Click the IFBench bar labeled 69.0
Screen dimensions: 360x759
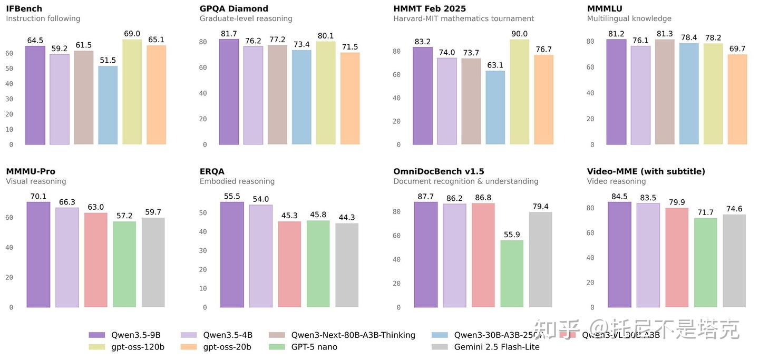point(132,92)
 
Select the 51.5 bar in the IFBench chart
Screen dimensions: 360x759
point(108,105)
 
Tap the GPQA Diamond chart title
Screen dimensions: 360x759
point(233,8)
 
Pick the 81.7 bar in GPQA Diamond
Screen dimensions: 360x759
point(229,92)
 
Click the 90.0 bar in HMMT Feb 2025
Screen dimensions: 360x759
point(519,92)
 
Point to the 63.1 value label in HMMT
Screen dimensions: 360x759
point(495,65)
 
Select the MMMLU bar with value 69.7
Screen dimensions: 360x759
point(737,100)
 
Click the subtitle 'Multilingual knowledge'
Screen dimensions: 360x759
point(629,18)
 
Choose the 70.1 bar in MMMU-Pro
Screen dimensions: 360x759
point(38,255)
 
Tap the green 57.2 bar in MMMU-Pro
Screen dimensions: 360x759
point(124,264)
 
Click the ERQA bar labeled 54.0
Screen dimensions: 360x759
point(261,256)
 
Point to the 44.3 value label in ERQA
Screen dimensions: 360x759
point(347,217)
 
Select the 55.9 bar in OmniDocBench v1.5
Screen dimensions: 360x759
point(512,274)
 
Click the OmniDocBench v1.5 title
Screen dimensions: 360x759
point(439,171)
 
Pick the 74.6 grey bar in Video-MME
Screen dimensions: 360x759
point(734,261)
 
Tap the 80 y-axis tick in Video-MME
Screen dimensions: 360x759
point(590,208)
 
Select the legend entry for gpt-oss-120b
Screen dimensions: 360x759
point(138,347)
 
